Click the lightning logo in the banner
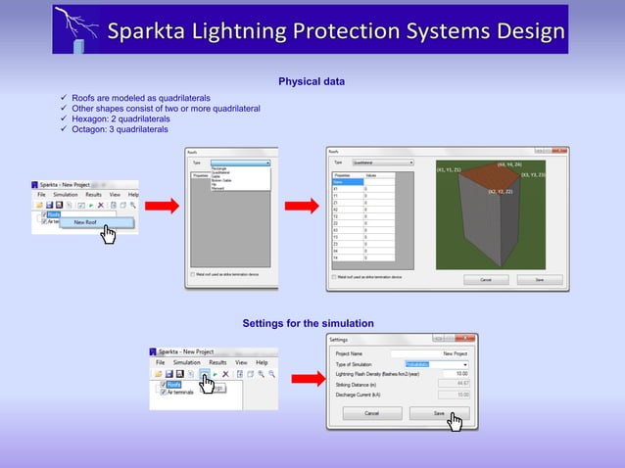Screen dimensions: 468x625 coord(77,28)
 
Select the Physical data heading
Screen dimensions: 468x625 coord(312,81)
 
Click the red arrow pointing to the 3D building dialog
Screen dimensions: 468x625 coord(302,206)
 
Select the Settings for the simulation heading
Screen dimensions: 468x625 coord(308,323)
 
